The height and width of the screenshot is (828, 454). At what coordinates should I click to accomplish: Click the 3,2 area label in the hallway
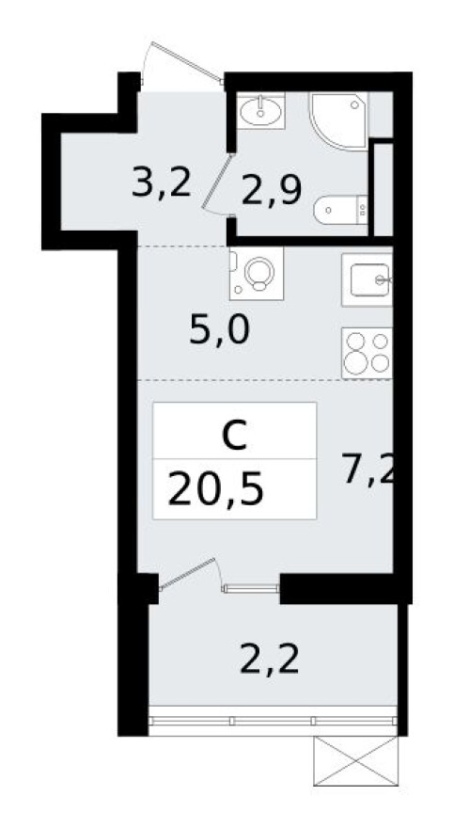[162, 183]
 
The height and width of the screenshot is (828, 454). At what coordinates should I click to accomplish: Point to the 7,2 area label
[366, 468]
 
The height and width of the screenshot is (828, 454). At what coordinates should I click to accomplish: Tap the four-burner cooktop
[367, 353]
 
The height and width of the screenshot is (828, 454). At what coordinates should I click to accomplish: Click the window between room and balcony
[251, 589]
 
